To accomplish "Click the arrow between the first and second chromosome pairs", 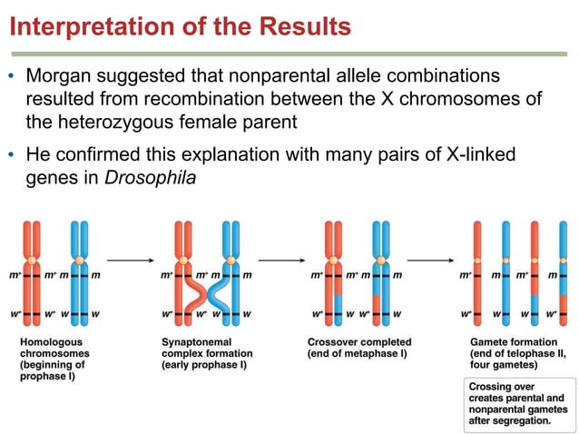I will [130, 261].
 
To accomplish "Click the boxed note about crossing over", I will [516, 404].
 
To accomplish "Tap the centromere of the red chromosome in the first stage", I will [33, 260].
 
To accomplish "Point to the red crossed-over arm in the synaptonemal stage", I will [193, 292].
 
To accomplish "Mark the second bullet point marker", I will [12, 155].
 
